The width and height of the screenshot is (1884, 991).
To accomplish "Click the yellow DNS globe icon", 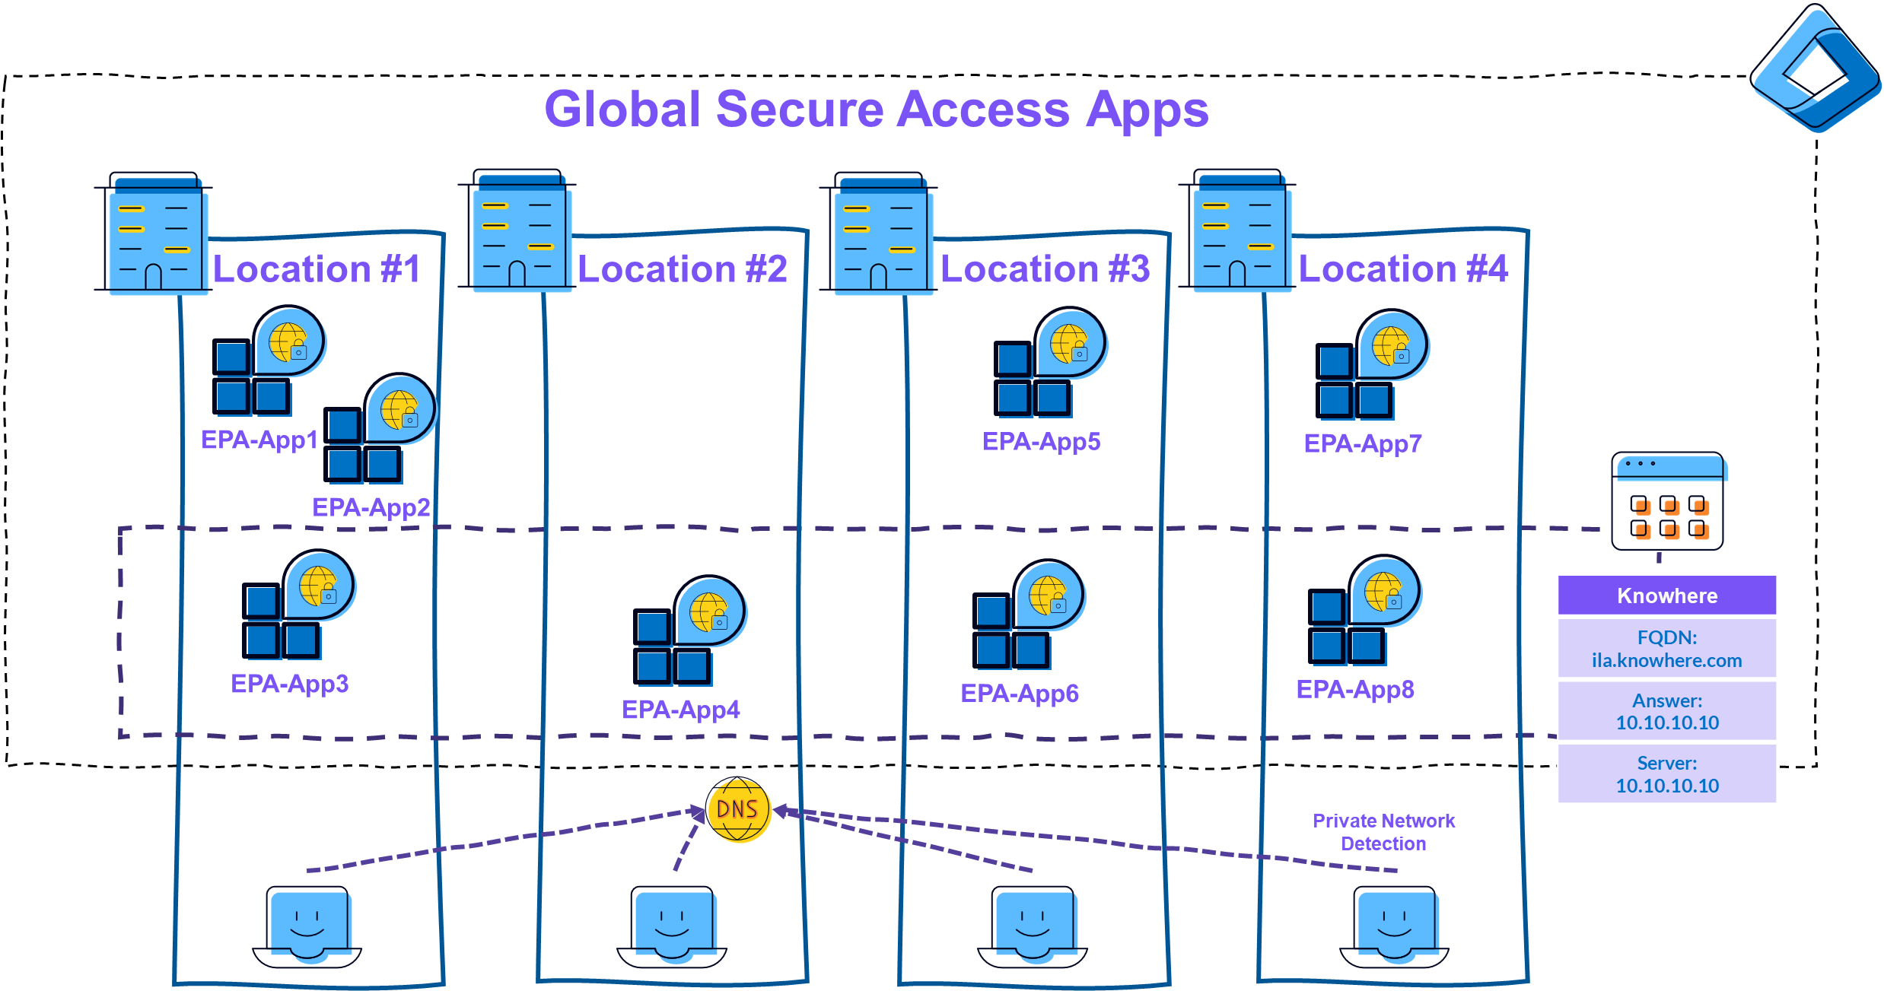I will pyautogui.click(x=738, y=810).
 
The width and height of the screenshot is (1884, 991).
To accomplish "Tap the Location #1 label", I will pyautogui.click(x=317, y=269).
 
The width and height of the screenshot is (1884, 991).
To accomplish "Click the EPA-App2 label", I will pyautogui.click(x=371, y=507).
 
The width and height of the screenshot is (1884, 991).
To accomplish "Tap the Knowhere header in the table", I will pyautogui.click(x=1666, y=596).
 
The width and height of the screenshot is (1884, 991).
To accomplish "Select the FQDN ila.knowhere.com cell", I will pyautogui.click(x=1666, y=649).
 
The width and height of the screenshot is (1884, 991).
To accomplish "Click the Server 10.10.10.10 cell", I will pyautogui.click(x=1666, y=774).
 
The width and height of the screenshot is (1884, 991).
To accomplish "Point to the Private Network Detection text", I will pyautogui.click(x=1383, y=832).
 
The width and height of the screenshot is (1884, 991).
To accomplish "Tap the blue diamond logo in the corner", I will pyautogui.click(x=1815, y=68).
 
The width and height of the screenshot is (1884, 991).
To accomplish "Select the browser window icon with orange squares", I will pyautogui.click(x=1668, y=502).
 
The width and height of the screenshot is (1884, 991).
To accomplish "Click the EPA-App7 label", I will pyautogui.click(x=1362, y=443).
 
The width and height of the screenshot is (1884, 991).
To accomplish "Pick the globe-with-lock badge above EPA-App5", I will pyautogui.click(x=1070, y=344).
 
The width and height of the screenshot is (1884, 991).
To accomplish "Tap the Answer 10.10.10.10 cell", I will pyautogui.click(x=1666, y=712).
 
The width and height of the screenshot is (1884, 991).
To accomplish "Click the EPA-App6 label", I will pyautogui.click(x=1020, y=694).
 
